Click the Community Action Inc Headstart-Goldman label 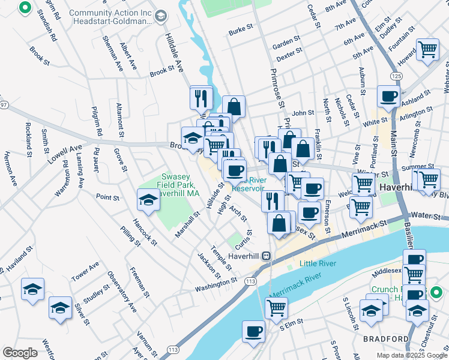110,17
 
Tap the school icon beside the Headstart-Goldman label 160,17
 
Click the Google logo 20,353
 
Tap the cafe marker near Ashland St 388,96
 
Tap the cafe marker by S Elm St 254,331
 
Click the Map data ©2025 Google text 411,355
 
